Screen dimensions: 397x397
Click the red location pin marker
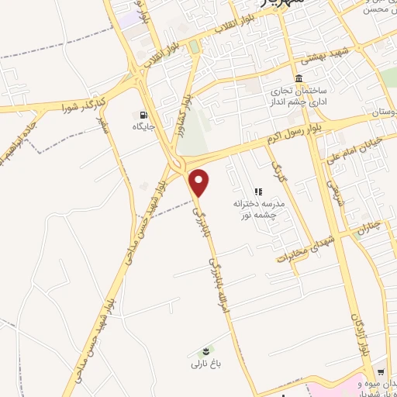pos(200,182)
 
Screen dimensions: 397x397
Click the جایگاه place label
pos(143,126)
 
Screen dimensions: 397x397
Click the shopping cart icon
pos(379,371)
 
